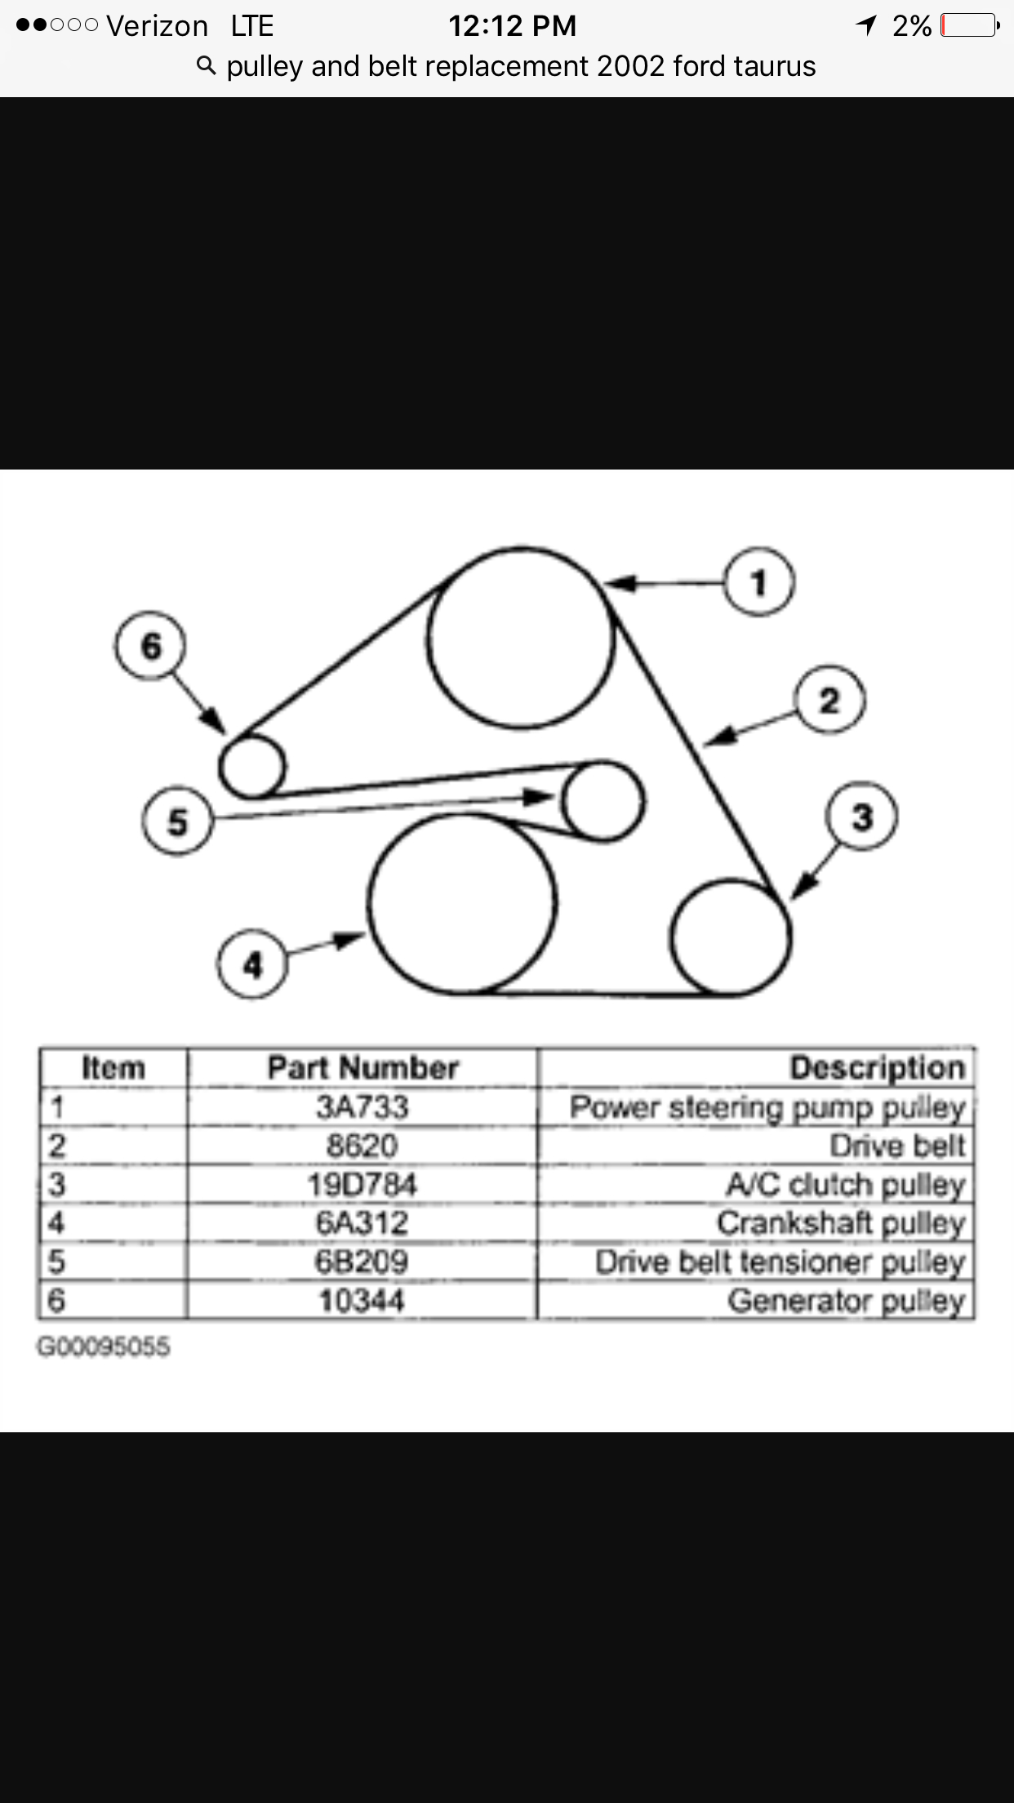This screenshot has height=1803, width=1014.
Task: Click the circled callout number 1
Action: tap(759, 583)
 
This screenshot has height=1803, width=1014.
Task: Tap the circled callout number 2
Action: tap(829, 701)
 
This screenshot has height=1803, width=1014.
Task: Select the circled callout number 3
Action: tap(863, 817)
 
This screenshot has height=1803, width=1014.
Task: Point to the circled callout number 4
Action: tap(253, 965)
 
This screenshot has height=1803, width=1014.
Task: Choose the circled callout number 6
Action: tap(151, 646)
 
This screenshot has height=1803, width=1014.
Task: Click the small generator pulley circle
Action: tap(252, 766)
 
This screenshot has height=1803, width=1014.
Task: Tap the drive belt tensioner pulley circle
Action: tap(603, 801)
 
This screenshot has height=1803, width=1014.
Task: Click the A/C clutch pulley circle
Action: tap(731, 937)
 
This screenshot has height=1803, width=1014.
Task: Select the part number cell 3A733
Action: tap(362, 1107)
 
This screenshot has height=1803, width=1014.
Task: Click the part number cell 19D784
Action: tap(362, 1184)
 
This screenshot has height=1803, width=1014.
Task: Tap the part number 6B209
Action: tap(362, 1262)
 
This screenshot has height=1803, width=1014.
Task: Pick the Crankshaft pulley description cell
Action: tap(841, 1222)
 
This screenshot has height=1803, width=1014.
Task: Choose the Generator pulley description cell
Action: tap(846, 1300)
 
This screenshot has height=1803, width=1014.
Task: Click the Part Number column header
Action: tap(362, 1067)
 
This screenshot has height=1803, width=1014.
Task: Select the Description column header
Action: tap(877, 1067)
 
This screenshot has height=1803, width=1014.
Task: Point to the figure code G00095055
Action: tap(104, 1347)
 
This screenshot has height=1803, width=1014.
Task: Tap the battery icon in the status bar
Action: tap(969, 26)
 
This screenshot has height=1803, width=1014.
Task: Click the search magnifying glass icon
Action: tap(207, 66)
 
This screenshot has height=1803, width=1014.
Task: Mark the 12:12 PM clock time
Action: tap(512, 26)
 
